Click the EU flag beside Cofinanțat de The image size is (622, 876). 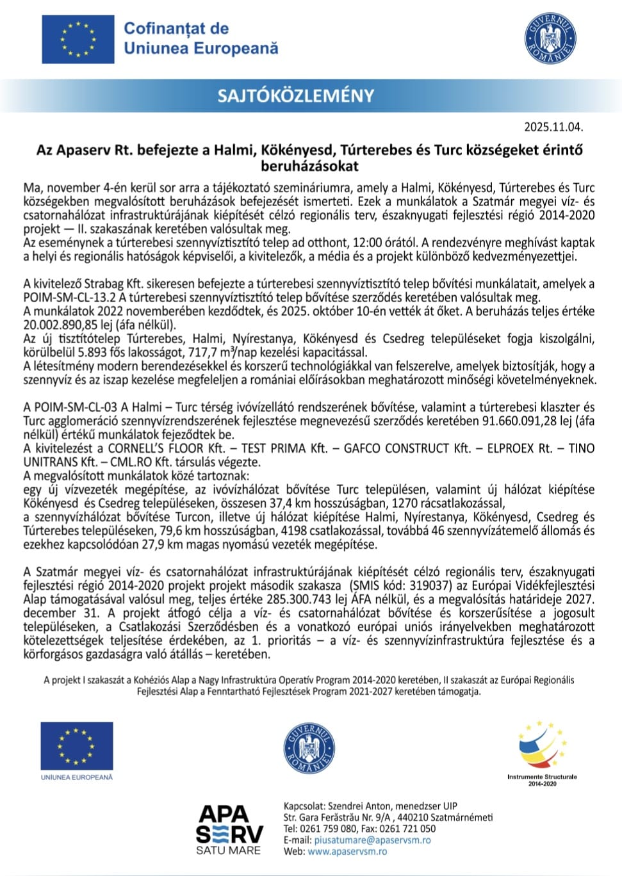[78, 39]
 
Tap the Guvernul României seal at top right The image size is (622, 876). [550, 38]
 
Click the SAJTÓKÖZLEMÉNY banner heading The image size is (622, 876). [295, 96]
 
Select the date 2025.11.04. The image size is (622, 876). [553, 127]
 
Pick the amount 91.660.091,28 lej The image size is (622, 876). [519, 421]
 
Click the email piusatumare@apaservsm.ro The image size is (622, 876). [372, 839]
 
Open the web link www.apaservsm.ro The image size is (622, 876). [347, 851]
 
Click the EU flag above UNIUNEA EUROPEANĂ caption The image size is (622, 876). [77, 746]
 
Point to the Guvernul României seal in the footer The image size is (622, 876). [309, 749]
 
